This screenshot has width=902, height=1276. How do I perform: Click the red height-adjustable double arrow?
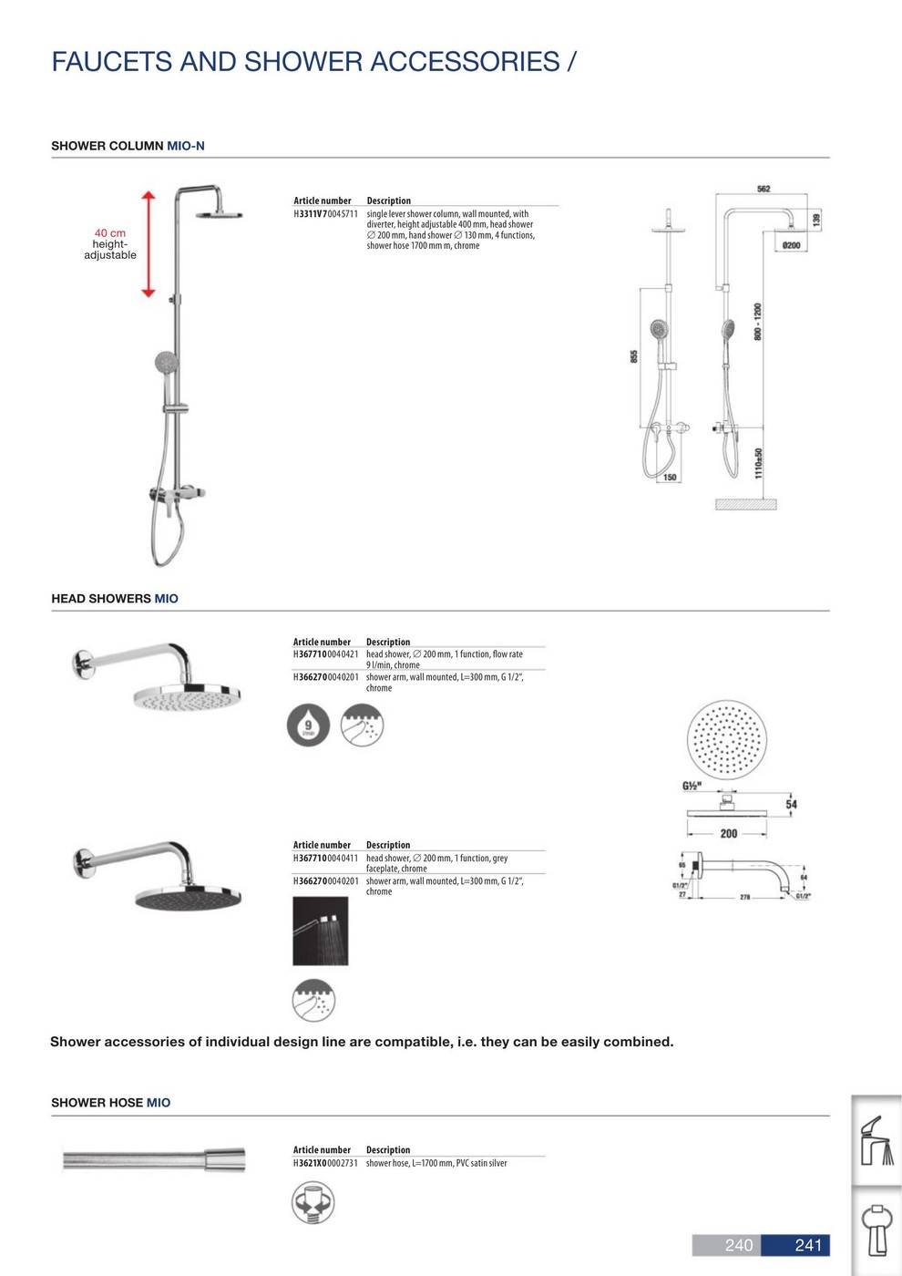pos(149,244)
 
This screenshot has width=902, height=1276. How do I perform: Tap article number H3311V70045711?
pos(325,214)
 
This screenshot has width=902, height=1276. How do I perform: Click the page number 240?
pos(738,1245)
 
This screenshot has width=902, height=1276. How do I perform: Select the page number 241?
pos(808,1245)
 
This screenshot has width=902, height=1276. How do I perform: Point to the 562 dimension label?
pos(764,189)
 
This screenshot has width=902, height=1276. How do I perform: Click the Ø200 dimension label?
pos(791,245)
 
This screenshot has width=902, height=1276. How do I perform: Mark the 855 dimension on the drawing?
pos(634,356)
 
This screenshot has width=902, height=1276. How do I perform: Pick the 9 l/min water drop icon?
pos(308,725)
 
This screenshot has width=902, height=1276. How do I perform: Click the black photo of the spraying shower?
pos(320,931)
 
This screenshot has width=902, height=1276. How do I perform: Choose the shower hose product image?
pos(154,1159)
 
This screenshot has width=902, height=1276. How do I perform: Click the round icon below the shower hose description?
pos(313,1202)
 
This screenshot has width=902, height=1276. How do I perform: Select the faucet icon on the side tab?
pos(876,1140)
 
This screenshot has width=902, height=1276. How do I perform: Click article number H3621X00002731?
pos(325,1163)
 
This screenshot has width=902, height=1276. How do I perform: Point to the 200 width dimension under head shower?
pos(729,833)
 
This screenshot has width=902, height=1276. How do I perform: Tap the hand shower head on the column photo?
pos(166,363)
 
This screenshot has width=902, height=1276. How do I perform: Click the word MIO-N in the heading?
pos(186,146)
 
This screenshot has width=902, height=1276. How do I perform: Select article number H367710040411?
pos(325,858)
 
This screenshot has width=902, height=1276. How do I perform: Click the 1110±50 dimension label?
pos(759,463)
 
